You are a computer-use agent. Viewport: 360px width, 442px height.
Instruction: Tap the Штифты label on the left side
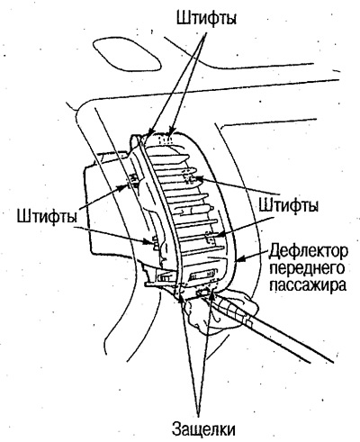[47, 217]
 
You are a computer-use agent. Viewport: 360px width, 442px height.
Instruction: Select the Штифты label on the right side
[288, 206]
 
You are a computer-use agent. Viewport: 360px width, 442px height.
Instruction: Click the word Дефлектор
[308, 251]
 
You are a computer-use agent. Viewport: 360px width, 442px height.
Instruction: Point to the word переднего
[307, 269]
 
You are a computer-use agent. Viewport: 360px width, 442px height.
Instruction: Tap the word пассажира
[308, 284]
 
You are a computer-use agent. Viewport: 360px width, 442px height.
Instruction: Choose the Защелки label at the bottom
[203, 428]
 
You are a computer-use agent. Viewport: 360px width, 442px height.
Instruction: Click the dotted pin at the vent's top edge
[166, 140]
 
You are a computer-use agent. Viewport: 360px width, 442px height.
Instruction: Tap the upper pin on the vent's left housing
[133, 180]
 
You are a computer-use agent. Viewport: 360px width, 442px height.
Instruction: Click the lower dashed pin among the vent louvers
[210, 238]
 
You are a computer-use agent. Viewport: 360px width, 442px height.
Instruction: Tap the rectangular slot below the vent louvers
[202, 274]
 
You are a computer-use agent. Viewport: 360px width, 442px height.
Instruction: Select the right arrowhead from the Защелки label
[212, 293]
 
